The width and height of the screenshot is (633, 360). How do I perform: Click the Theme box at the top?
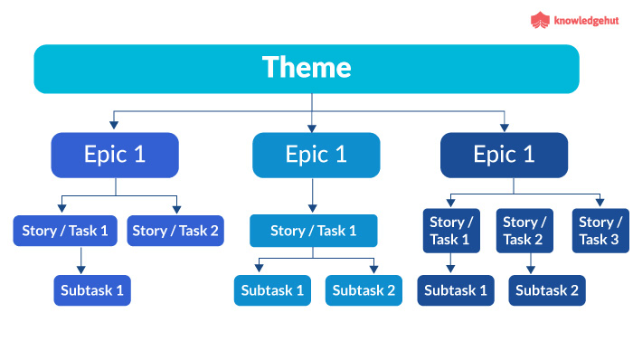[307, 69]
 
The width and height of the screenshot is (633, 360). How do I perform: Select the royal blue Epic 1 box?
[115, 155]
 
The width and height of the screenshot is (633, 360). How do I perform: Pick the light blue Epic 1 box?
[316, 155]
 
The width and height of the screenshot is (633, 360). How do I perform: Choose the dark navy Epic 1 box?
[504, 155]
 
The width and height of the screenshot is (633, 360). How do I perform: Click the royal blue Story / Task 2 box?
[175, 231]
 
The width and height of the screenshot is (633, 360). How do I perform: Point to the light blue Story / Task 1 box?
[313, 231]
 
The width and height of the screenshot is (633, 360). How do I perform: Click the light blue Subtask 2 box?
[364, 290]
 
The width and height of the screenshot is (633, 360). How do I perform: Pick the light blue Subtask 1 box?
[273, 290]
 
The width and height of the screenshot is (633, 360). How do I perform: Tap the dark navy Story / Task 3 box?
[600, 231]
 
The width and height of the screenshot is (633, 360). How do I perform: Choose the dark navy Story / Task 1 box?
[449, 231]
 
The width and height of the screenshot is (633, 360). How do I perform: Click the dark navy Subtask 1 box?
[456, 290]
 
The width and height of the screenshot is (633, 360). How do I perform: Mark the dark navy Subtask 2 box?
[547, 290]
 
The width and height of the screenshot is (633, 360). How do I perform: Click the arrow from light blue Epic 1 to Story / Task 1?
[312, 195]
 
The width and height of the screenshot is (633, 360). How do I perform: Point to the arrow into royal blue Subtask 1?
[80, 261]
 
